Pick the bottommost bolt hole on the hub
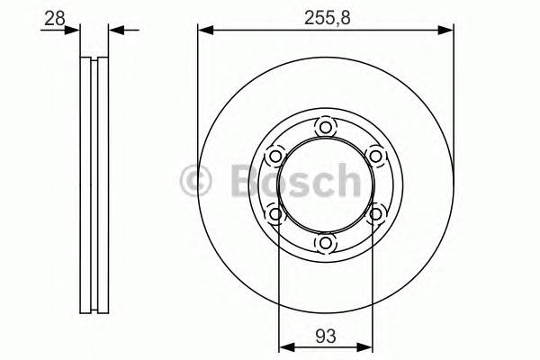click(x=325, y=243)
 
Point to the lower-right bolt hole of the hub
click(x=375, y=214)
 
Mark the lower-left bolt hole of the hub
click(x=274, y=214)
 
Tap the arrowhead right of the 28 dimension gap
click(x=114, y=31)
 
